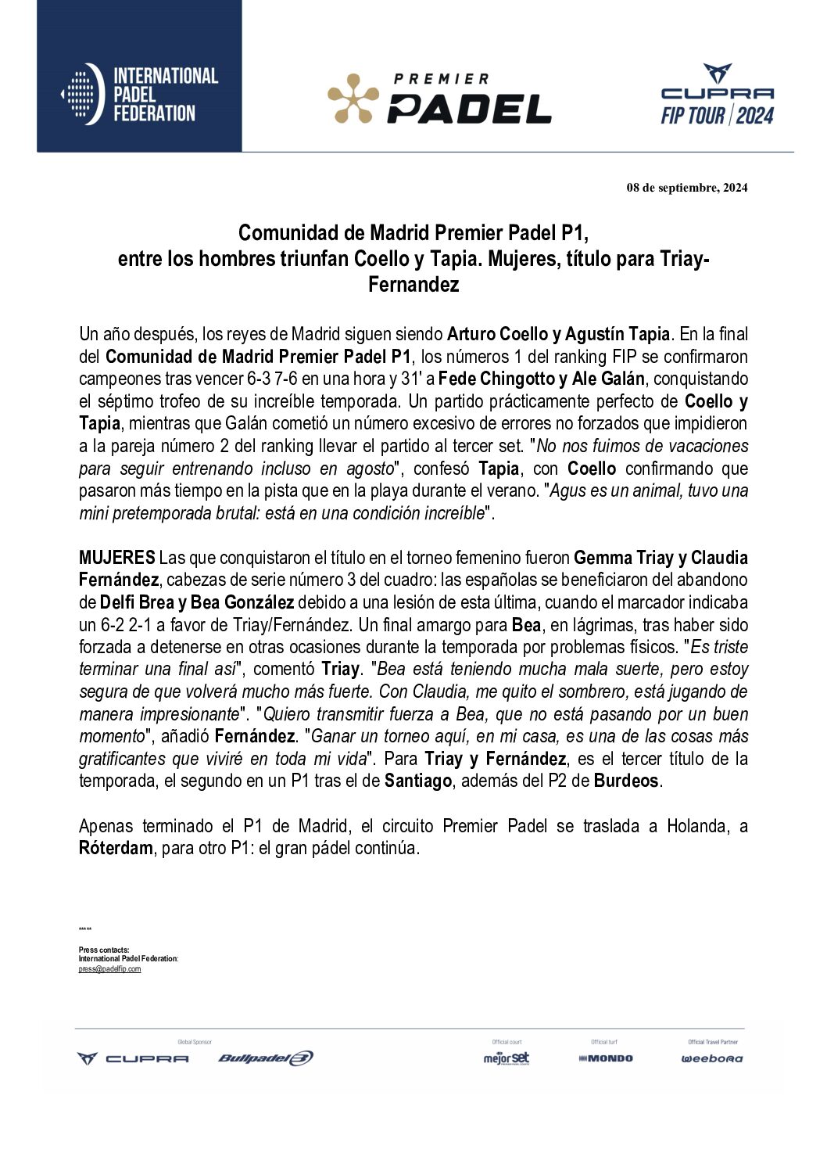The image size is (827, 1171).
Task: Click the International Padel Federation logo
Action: [x=139, y=95]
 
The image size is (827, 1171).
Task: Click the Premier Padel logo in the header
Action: [x=439, y=99]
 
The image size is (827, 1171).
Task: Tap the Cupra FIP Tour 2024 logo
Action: [x=717, y=95]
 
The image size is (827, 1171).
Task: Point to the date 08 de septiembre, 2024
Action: [x=686, y=188]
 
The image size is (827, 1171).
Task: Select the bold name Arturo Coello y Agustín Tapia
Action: [x=558, y=334]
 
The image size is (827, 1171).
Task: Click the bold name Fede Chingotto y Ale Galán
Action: [x=541, y=379]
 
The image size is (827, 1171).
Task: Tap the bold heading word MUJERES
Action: [x=116, y=558]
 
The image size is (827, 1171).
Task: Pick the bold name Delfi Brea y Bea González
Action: [x=197, y=602]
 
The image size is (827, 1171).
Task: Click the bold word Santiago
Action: [x=418, y=781]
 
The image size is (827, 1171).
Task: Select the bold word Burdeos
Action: [x=626, y=781]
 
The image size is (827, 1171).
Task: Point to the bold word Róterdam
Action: [x=116, y=848]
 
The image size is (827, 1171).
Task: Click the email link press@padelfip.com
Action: [x=109, y=969]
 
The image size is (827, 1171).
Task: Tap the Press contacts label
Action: [x=104, y=950]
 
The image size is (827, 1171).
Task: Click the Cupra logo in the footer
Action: [x=133, y=1058]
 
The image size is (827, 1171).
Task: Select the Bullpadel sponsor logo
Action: [x=265, y=1058]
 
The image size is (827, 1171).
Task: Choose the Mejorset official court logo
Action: [x=506, y=1058]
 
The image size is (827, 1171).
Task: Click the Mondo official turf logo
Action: [x=605, y=1058]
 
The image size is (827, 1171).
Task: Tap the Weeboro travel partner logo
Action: [x=711, y=1058]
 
